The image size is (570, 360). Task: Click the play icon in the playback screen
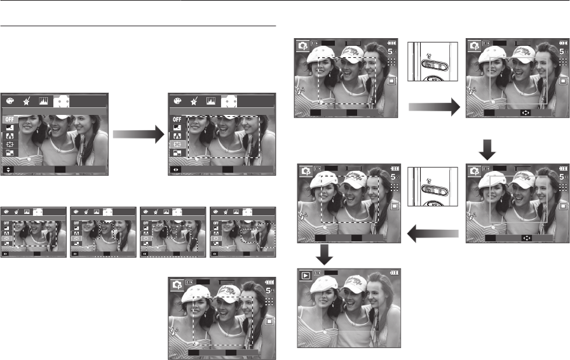306,277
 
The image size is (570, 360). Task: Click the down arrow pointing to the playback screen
325,255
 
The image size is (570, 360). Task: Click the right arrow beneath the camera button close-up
433,109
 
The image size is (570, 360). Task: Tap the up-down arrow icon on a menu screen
8,170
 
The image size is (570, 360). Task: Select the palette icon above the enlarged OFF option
10,100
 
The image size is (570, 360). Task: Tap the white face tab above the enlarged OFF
62,100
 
